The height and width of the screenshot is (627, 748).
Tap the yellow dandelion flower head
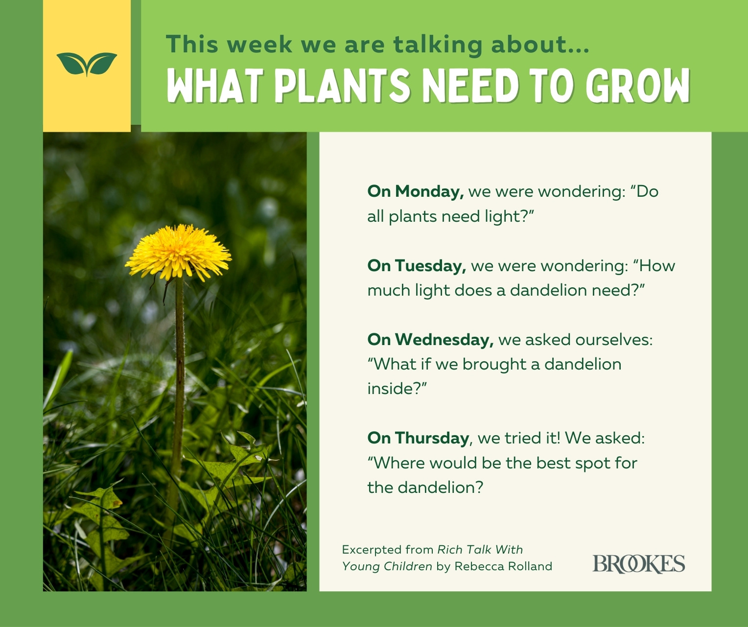coord(178,253)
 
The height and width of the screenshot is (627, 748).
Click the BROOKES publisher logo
coord(639,564)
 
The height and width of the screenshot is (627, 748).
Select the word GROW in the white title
coord(638,86)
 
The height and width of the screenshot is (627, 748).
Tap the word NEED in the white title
coord(471,86)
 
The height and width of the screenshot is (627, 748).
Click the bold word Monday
coord(429,192)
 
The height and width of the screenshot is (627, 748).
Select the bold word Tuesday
coord(431,266)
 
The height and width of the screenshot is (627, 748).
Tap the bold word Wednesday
coord(444,340)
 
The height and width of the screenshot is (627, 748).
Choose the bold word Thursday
coord(432,438)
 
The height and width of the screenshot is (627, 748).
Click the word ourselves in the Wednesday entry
coord(614,340)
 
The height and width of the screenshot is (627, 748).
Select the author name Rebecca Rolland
coord(503,566)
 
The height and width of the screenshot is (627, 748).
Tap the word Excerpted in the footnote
coord(372,550)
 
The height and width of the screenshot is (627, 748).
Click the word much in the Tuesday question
coord(389,290)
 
